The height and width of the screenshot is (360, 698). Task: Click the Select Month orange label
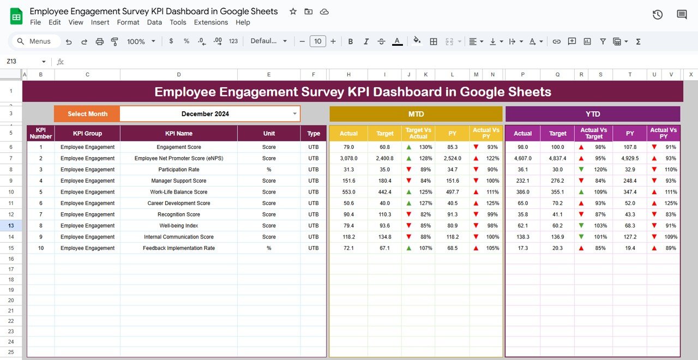point(87,114)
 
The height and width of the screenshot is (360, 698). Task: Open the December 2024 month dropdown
point(295,114)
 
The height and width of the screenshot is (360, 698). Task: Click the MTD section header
point(416,114)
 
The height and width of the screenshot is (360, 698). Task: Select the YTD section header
point(593,114)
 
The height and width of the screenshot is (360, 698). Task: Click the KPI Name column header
point(179,134)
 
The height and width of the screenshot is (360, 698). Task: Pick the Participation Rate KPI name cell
point(179,170)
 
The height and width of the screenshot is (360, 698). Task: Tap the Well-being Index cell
point(179,226)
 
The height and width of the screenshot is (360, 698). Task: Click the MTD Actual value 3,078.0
point(348,158)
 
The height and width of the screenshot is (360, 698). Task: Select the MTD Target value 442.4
point(384,192)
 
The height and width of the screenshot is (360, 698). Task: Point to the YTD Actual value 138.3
point(522,237)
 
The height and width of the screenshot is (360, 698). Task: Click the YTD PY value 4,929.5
point(630,158)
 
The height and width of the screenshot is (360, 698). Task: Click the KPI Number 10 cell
point(41,248)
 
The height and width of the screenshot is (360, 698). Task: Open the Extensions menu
point(211,22)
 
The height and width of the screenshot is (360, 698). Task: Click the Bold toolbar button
point(351,41)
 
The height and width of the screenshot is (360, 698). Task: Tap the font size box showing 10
point(317,41)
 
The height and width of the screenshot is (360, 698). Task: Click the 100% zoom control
point(141,41)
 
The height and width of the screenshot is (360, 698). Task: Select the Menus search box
point(34,41)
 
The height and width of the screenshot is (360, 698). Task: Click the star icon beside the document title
point(293,11)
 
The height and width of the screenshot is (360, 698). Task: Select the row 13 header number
point(11,226)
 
